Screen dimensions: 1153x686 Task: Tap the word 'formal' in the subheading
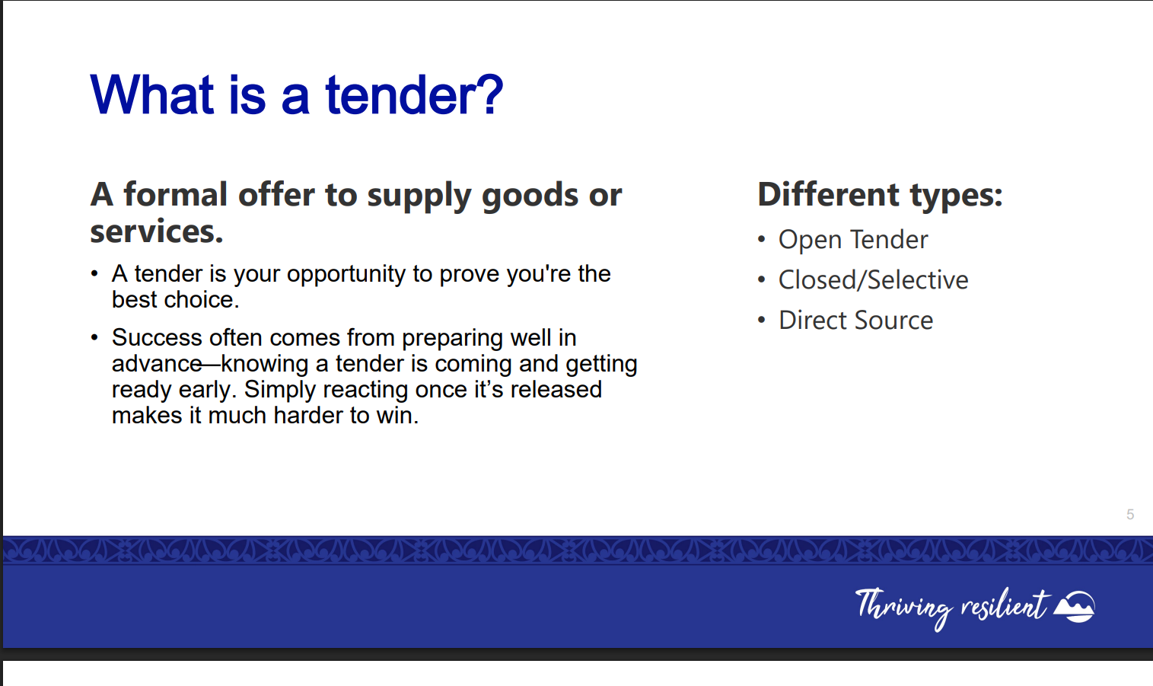(175, 195)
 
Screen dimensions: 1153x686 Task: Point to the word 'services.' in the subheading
(157, 231)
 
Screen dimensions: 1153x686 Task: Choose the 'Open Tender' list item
(853, 240)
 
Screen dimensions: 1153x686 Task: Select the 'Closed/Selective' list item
(873, 280)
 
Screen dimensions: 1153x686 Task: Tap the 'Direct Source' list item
(855, 321)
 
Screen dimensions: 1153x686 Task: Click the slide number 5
(1130, 515)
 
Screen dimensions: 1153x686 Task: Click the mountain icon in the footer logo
(1075, 606)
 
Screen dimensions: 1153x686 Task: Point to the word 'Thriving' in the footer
(904, 608)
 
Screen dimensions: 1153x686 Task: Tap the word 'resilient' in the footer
(1004, 605)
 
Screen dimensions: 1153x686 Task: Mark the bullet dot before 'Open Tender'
(761, 240)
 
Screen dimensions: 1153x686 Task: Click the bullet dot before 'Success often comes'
(94, 338)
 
